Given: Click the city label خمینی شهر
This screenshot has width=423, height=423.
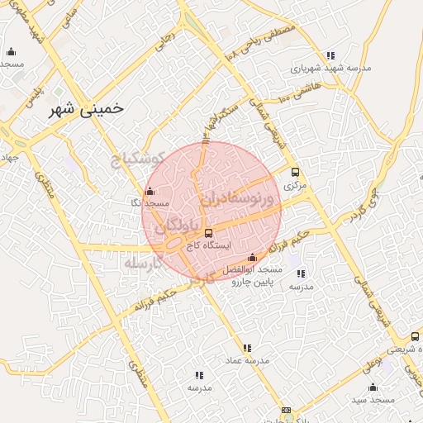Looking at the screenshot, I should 81,108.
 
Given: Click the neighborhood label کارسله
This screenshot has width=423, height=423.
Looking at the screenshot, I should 140,262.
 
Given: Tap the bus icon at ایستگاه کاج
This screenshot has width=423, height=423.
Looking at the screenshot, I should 208,233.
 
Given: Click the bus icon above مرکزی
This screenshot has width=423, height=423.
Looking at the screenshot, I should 295,173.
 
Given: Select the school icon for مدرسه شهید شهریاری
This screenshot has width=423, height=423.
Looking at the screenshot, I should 330,56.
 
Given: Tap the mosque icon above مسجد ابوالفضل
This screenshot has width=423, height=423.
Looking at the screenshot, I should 252,257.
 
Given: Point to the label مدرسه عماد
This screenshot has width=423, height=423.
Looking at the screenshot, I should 245,362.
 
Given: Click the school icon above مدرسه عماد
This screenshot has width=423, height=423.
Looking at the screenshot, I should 245,348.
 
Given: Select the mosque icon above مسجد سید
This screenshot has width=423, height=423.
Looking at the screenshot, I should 373,386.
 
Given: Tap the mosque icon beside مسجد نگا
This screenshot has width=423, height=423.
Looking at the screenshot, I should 149,192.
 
